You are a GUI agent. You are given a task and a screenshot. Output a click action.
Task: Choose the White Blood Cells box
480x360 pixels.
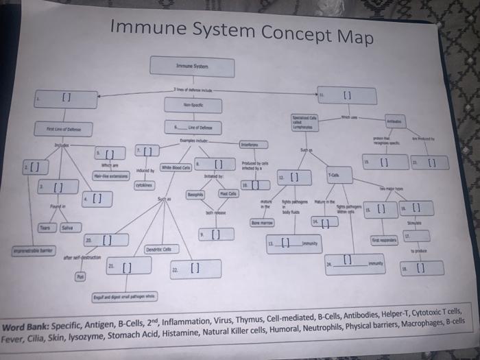click(176, 167)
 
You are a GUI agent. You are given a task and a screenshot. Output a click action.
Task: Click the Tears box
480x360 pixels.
click(45, 228)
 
